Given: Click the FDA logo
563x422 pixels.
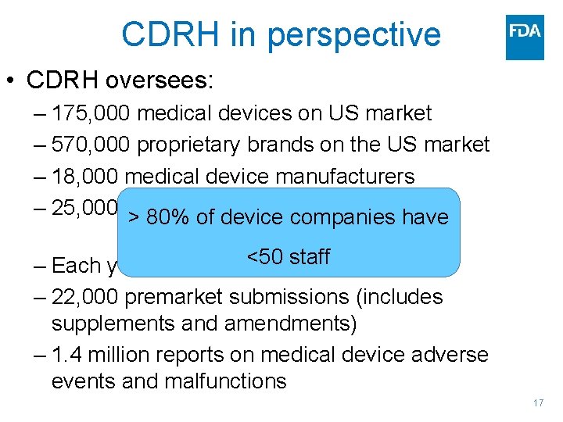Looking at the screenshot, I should pyautogui.click(x=525, y=37).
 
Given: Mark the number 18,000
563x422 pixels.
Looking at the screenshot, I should pyautogui.click(x=86, y=176).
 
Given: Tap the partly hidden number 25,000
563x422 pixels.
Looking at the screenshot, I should pyautogui.click(x=84, y=207).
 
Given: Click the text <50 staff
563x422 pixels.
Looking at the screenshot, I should pyautogui.click(x=289, y=256).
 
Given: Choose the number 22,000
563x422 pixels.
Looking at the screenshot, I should pyautogui.click(x=86, y=297).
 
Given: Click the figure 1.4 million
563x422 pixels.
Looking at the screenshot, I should pyautogui.click(x=100, y=355).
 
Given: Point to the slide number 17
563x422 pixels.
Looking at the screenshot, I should pyautogui.click(x=537, y=403).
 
